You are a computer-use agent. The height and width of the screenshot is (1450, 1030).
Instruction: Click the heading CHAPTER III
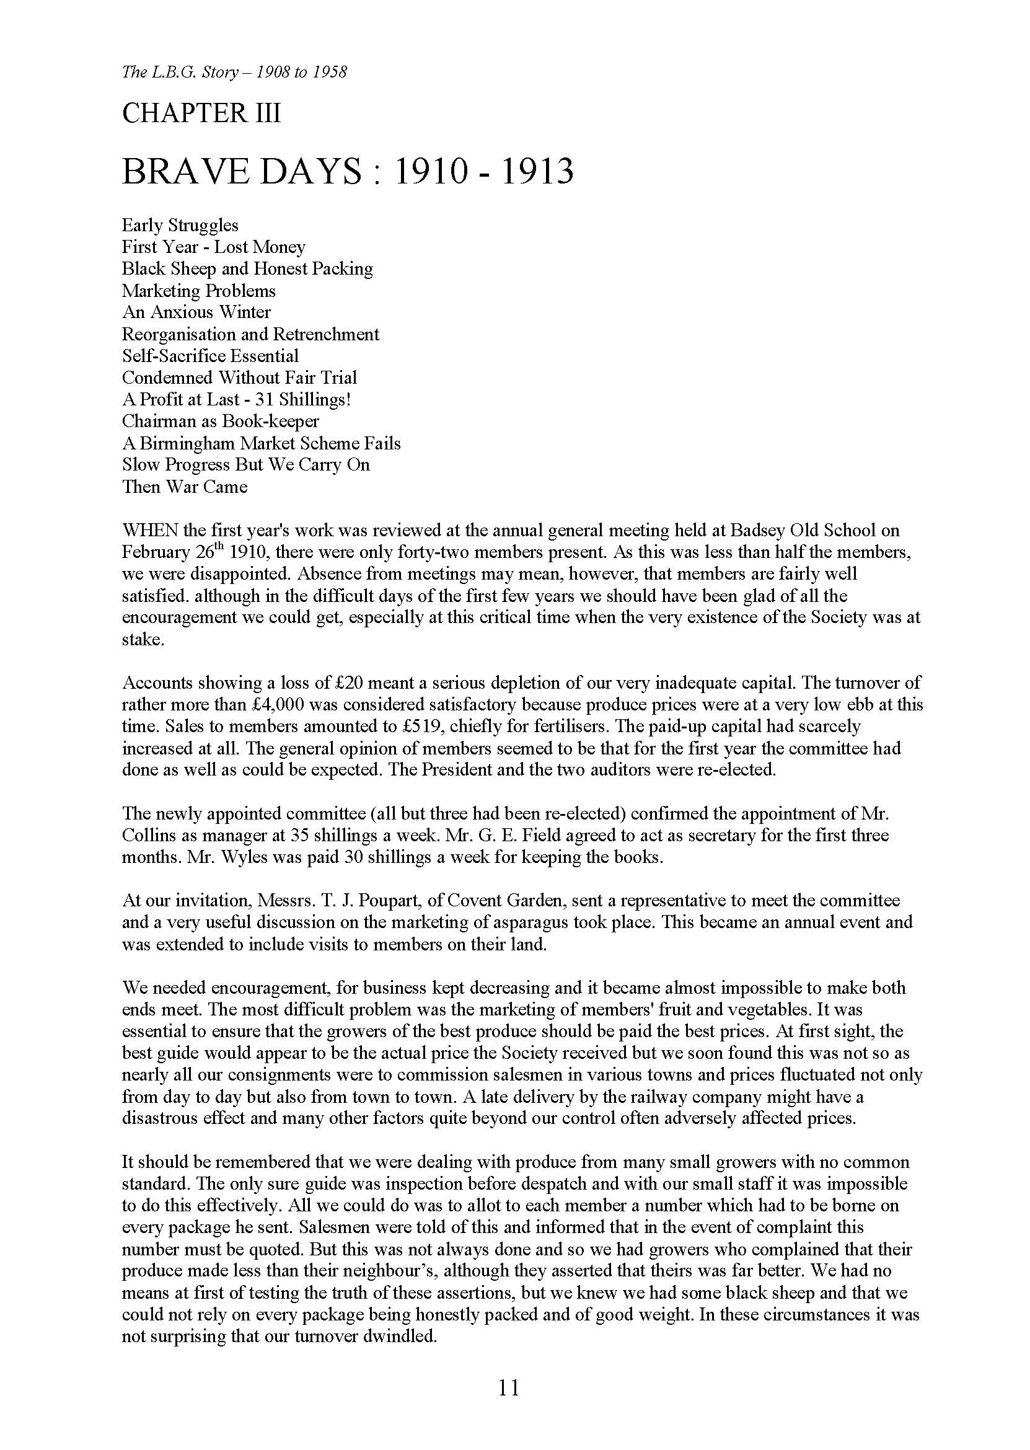(x=201, y=114)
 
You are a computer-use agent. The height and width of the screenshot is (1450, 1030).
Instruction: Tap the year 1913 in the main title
(x=537, y=172)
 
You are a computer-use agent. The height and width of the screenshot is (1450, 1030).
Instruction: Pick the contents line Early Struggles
(x=180, y=225)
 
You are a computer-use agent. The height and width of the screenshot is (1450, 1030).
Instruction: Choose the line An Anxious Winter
(x=196, y=312)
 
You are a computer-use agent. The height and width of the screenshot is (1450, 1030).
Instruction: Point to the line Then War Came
(x=185, y=487)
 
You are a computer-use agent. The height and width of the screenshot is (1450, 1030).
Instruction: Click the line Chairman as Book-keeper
(x=220, y=421)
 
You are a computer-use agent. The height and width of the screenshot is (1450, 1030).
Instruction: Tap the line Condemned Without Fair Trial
(x=239, y=378)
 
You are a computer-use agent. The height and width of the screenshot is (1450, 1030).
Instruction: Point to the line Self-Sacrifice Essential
(x=210, y=356)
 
